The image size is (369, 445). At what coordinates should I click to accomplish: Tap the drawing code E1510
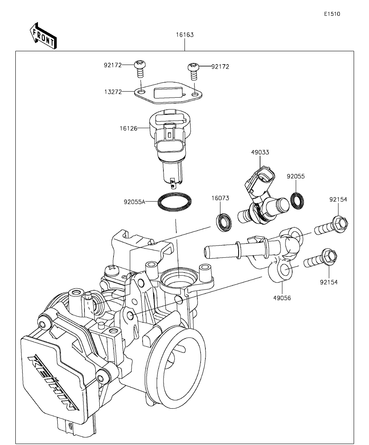pyautogui.click(x=332, y=14)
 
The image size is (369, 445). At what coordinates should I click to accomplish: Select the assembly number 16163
pyautogui.click(x=184, y=35)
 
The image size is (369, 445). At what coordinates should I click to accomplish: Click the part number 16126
pyautogui.click(x=129, y=128)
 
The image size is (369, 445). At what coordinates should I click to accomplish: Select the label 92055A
pyautogui.click(x=135, y=201)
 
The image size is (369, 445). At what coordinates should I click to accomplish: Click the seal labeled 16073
pyautogui.click(x=223, y=222)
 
